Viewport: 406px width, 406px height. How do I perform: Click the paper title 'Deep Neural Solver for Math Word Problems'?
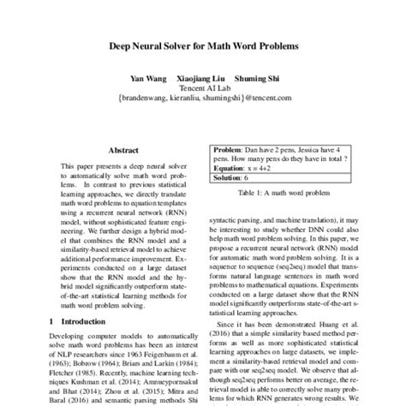point(203,47)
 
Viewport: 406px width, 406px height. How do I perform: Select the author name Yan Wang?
point(146,78)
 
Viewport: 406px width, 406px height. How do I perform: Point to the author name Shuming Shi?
point(254,78)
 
